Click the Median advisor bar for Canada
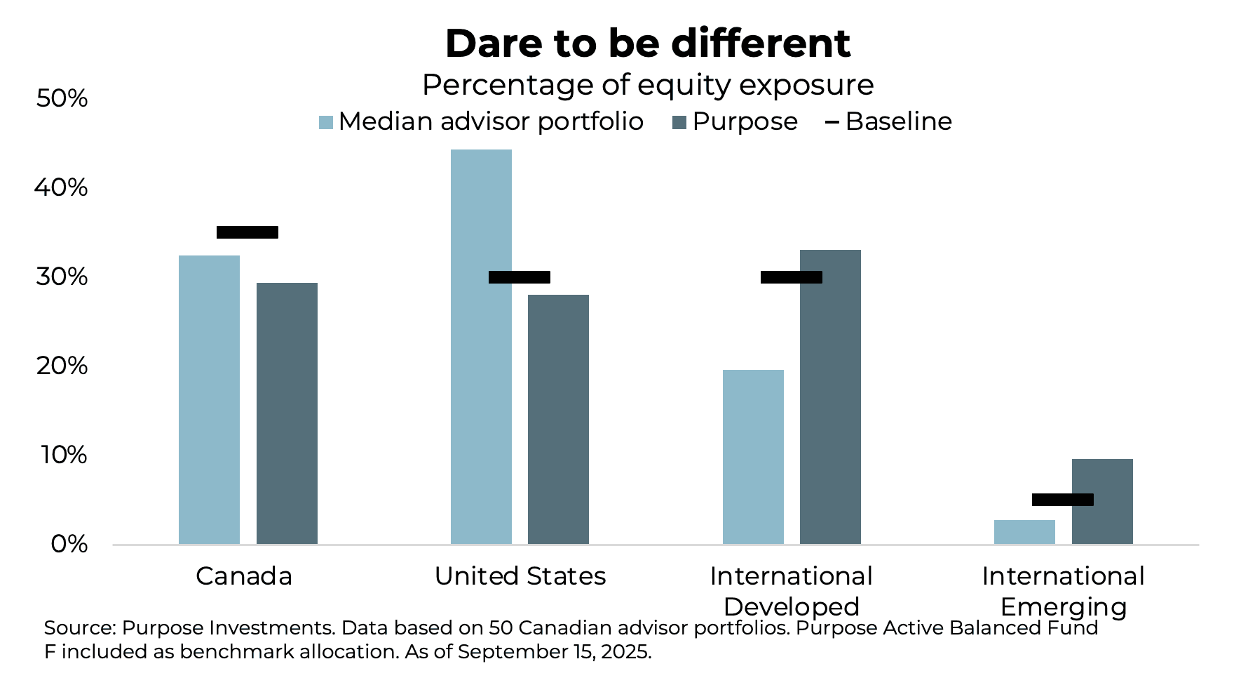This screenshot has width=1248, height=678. (x=209, y=399)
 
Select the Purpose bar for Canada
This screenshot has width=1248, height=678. (x=287, y=413)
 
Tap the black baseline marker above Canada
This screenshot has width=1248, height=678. (x=247, y=232)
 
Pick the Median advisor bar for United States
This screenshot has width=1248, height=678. (x=481, y=347)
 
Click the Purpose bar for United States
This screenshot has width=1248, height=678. (x=558, y=419)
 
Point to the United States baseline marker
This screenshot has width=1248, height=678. (x=520, y=277)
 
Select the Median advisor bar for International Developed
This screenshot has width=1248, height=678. (x=753, y=457)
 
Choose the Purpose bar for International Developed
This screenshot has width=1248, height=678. (x=830, y=397)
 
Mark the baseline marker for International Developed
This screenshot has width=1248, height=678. (x=792, y=277)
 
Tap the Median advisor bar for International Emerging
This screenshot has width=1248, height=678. (x=1024, y=532)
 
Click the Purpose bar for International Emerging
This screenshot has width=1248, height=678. (x=1102, y=501)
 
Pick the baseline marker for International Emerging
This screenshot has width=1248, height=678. (x=1063, y=500)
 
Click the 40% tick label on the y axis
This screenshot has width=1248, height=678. (x=62, y=187)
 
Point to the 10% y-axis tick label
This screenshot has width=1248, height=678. (x=64, y=455)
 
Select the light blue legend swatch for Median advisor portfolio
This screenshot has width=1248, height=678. (x=326, y=122)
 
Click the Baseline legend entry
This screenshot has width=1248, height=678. (x=889, y=121)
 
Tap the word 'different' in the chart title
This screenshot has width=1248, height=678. (x=760, y=44)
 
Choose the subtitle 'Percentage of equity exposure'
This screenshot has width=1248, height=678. (x=648, y=85)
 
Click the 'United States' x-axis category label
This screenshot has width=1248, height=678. (x=520, y=576)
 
